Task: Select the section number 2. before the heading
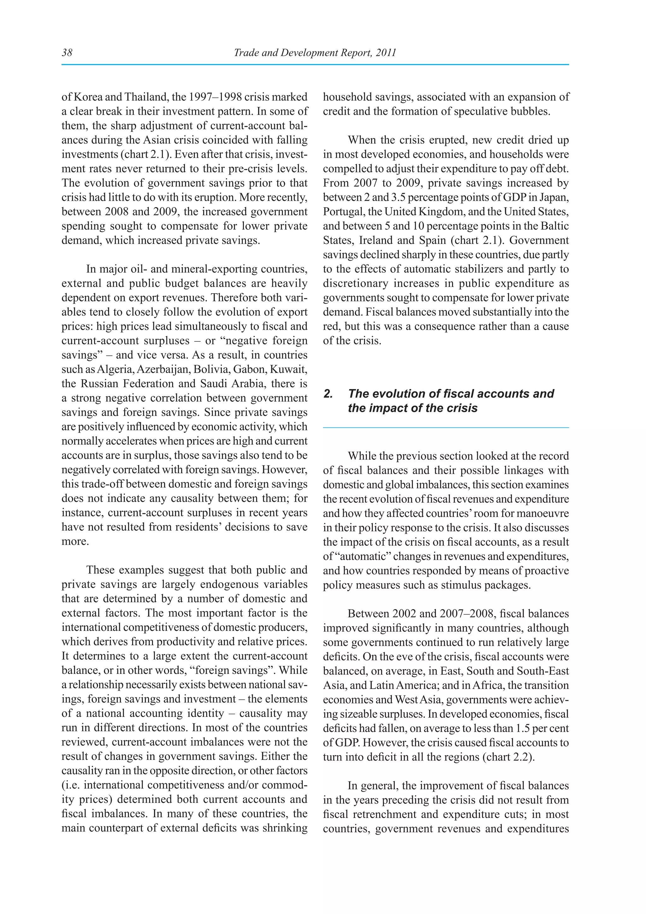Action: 328,394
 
